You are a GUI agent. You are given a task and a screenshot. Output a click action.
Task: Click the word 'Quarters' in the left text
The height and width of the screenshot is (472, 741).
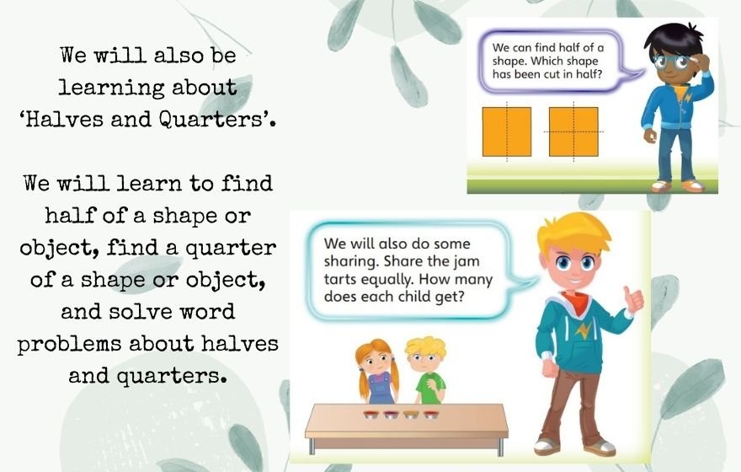tap(211, 119)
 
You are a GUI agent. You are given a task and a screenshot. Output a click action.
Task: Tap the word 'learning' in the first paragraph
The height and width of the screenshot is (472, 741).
tap(111, 88)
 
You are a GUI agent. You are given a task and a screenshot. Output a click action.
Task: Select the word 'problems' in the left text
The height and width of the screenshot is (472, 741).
tap(69, 344)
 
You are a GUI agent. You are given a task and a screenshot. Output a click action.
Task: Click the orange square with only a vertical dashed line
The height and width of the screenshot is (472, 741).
tap(507, 131)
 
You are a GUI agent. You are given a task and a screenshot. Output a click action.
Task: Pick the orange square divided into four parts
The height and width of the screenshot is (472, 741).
tap(573, 131)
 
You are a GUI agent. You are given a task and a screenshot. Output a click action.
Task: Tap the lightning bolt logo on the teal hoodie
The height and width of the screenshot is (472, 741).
tap(584, 330)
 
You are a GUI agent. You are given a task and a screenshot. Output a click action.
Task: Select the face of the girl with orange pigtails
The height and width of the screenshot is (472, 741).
tap(376, 362)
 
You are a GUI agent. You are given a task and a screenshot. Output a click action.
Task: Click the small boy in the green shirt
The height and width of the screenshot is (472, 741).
tap(426, 370)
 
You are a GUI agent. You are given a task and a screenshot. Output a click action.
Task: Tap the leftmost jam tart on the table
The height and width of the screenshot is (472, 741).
tap(371, 415)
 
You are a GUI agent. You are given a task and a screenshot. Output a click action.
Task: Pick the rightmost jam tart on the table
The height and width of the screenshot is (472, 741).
tap(431, 415)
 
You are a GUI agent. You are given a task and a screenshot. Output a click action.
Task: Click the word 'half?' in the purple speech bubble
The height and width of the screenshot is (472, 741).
tap(589, 74)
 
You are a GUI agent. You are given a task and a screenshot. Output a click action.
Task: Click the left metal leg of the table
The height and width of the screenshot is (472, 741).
tap(312, 446)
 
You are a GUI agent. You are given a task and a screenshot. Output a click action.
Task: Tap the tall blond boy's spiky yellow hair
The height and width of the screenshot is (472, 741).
tap(573, 233)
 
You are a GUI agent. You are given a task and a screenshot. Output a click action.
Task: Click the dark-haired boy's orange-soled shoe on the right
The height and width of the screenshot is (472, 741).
tap(693, 186)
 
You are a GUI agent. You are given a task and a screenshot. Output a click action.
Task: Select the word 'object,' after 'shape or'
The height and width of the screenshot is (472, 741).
tap(226, 281)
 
